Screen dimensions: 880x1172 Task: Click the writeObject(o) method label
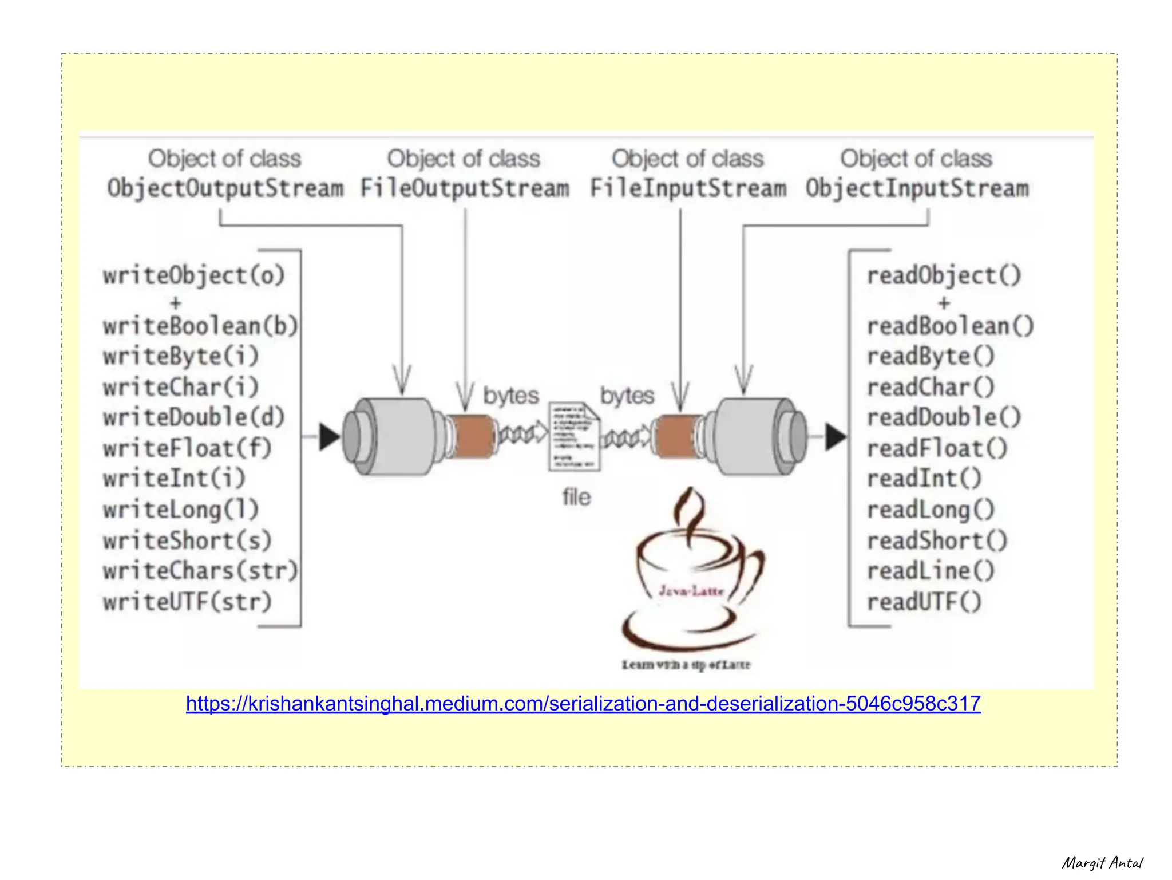click(x=193, y=275)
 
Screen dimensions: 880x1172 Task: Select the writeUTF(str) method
click(x=187, y=602)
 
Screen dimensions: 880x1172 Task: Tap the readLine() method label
click(x=931, y=571)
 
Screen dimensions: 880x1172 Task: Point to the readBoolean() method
click(x=950, y=326)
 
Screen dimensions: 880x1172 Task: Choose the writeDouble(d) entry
click(x=193, y=417)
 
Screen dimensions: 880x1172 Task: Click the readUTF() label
click(x=924, y=602)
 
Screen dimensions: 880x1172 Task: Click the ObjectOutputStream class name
click(x=225, y=188)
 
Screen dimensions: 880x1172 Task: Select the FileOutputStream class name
click(x=465, y=188)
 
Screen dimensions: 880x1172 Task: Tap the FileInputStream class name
click(x=688, y=188)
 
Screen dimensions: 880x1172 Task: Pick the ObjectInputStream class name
click(x=917, y=188)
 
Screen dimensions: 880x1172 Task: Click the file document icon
click(x=575, y=436)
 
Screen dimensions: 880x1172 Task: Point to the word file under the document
click(x=576, y=497)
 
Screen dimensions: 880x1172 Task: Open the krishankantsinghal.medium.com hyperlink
click(x=583, y=703)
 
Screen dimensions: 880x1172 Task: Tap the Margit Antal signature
click(x=1102, y=863)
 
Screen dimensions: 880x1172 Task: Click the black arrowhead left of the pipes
click(x=329, y=437)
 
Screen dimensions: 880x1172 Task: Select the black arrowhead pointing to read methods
click(x=835, y=437)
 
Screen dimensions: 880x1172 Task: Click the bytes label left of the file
click(x=511, y=396)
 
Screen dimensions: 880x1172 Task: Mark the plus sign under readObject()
click(x=944, y=303)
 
